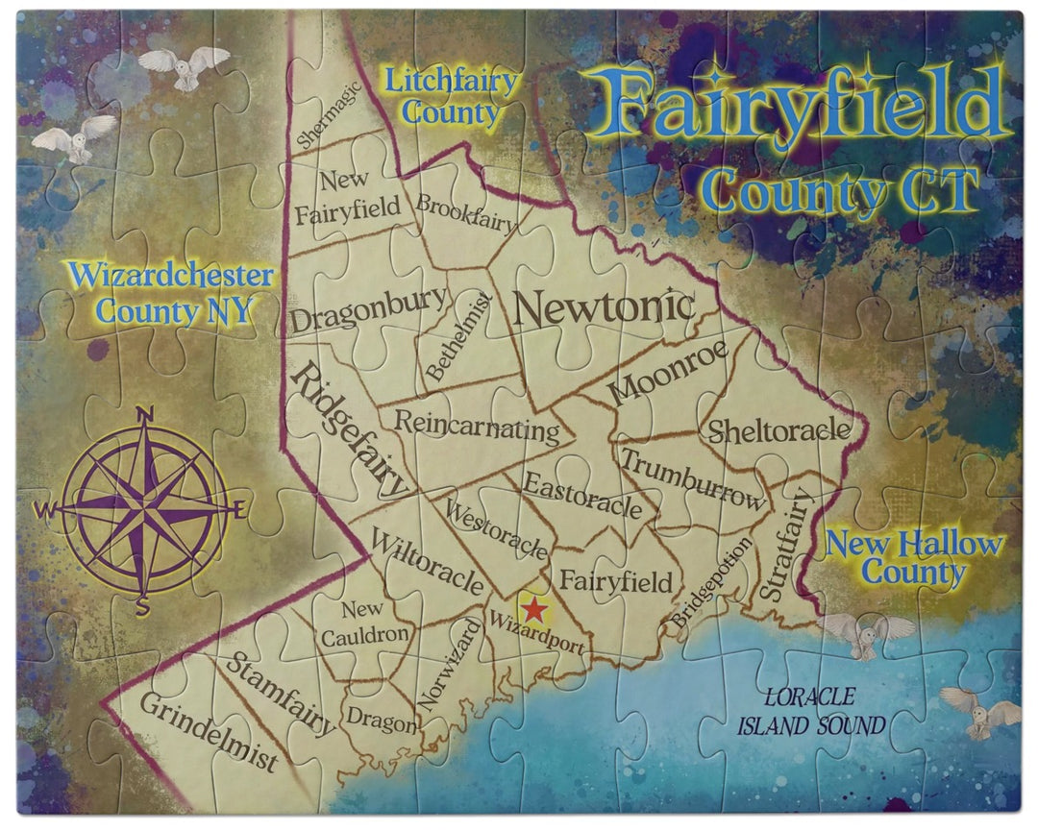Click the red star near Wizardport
[x=531, y=609]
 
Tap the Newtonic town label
[x=604, y=307]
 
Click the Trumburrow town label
[x=693, y=477]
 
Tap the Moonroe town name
[x=667, y=371]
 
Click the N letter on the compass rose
[x=146, y=415]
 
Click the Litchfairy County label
[x=452, y=96]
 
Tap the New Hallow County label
[x=914, y=557]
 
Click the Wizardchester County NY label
[x=171, y=293]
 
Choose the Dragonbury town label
[x=369, y=309]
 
